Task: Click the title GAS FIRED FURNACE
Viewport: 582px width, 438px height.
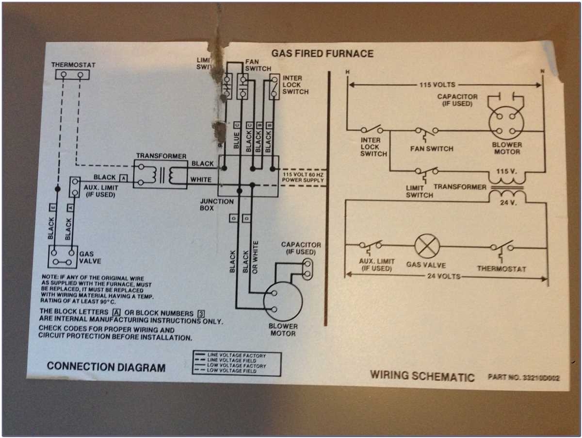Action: click(x=322, y=53)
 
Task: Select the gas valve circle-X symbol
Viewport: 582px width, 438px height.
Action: click(x=427, y=247)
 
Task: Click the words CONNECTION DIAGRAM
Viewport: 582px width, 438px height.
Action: click(x=106, y=367)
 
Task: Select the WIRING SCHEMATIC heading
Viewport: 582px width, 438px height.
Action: click(x=422, y=376)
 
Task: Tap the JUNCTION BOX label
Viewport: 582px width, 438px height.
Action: click(x=217, y=205)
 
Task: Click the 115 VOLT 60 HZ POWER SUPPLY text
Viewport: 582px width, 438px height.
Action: click(x=303, y=177)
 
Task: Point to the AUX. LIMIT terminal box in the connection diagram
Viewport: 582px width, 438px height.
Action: click(x=75, y=186)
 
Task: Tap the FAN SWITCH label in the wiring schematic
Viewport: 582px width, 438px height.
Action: click(x=432, y=149)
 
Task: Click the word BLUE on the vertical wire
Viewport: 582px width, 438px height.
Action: click(x=237, y=139)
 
